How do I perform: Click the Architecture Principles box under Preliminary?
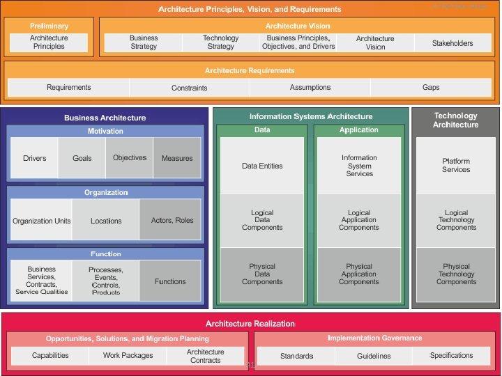49,42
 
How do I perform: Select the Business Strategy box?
144,42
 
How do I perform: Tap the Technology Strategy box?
220,42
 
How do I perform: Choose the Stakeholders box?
452,43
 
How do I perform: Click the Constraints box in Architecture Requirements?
189,88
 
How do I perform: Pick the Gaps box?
431,88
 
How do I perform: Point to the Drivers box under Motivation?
34,158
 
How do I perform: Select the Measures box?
177,158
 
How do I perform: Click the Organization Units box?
42,221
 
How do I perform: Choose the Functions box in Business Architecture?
171,281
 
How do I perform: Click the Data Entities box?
262,166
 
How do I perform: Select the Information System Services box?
359,166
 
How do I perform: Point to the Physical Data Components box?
262,274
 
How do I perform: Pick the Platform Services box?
456,166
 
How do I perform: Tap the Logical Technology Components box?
456,220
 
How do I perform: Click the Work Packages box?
128,356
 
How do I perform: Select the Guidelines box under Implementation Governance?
374,356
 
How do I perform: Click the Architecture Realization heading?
250,324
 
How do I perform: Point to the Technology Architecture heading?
456,120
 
